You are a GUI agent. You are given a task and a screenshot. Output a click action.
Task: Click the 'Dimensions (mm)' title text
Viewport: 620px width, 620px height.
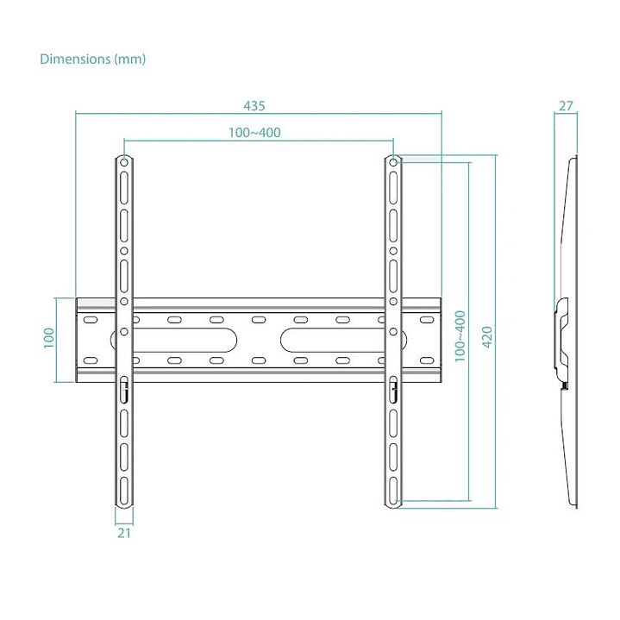[93, 59]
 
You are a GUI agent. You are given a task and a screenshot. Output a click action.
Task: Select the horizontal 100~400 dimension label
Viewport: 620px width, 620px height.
[254, 133]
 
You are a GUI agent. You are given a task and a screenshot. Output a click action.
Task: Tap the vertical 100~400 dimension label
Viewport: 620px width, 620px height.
[460, 335]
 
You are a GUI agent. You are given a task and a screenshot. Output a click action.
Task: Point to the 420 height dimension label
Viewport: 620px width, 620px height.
[486, 335]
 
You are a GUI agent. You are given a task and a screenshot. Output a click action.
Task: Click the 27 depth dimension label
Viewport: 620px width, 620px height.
[566, 107]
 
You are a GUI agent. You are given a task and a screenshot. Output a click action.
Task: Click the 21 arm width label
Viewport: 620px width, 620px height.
[123, 534]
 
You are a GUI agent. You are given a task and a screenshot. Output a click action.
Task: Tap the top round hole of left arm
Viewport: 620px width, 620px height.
[123, 161]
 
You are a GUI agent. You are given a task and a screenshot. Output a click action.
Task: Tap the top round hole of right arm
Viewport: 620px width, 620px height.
[393, 161]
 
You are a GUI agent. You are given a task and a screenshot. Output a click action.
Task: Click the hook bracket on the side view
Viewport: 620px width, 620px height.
[563, 341]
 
